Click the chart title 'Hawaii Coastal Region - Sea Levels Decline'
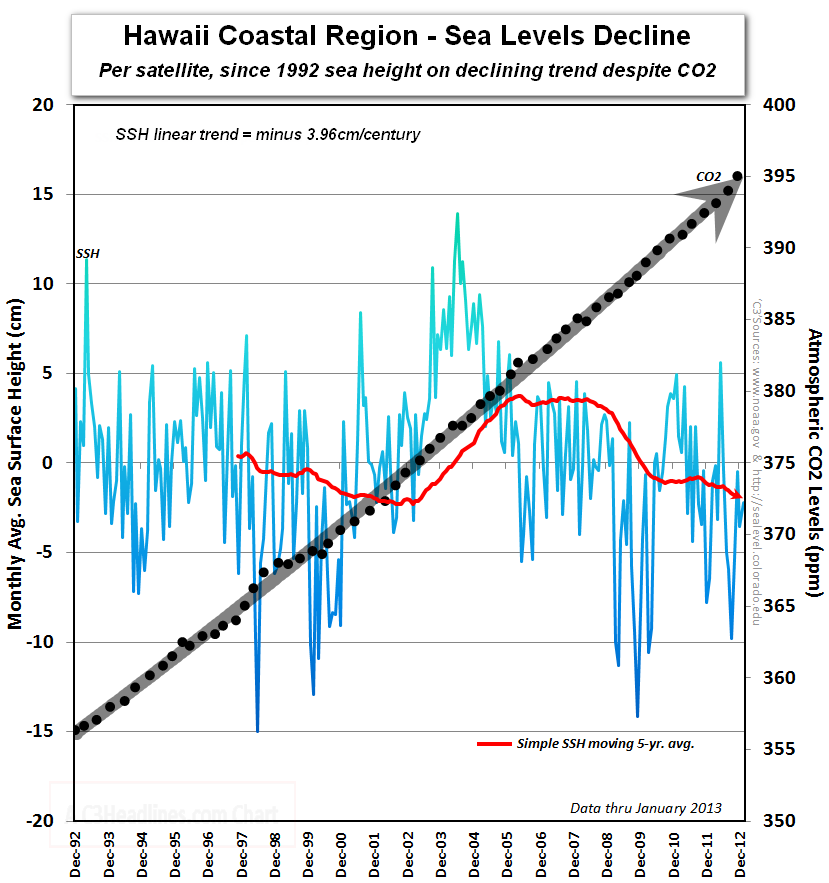coord(406,37)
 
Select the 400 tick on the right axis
coord(777,104)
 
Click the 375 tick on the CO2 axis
coord(777,462)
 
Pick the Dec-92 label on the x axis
coord(76,857)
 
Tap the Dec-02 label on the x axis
coord(408,857)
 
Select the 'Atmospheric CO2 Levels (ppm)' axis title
coord(814,462)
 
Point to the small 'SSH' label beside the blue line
coord(87,254)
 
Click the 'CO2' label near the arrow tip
coord(708,177)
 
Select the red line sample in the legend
coord(494,744)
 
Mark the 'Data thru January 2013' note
coord(645,808)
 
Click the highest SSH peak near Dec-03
coord(457,213)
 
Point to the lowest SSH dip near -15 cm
coord(257,730)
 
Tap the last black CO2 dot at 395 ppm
coord(737,176)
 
